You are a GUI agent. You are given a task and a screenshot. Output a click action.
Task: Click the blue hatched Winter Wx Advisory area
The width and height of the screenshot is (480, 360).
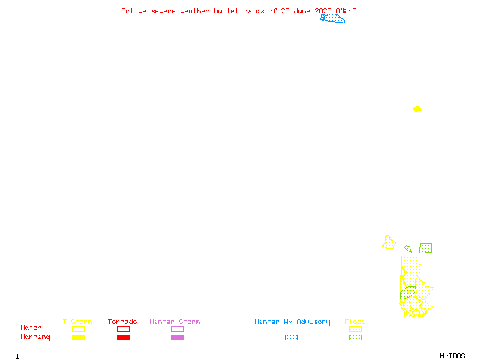point(333,19)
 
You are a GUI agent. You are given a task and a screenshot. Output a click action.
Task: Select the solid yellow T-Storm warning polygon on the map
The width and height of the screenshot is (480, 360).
point(417,109)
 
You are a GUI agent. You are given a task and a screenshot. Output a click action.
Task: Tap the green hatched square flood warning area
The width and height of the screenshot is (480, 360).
point(425,248)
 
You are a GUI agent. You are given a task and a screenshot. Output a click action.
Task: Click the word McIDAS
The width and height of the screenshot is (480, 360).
point(452,356)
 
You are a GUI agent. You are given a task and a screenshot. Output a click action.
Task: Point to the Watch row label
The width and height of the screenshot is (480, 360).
point(31,328)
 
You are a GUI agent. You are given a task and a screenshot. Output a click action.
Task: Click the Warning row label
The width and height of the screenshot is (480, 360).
point(35,337)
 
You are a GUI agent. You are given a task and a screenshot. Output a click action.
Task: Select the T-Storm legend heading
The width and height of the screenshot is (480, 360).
point(77,322)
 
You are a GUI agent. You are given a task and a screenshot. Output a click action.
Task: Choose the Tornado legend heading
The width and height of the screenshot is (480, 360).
point(122,322)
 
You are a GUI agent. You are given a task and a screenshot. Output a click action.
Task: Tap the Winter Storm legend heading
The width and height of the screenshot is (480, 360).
point(175,322)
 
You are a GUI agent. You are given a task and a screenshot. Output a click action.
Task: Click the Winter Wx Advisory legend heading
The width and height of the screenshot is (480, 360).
point(292,322)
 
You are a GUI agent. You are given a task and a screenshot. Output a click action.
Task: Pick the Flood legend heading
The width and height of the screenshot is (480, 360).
point(355,322)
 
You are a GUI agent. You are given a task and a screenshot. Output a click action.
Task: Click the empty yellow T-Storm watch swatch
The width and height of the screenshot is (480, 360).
point(79,329)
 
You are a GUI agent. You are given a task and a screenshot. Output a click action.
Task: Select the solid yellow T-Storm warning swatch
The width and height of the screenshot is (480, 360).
point(79,337)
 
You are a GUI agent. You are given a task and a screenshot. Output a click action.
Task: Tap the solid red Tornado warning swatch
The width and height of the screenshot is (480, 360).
point(124,337)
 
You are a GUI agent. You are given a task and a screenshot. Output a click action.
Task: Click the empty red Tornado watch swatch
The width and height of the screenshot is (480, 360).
point(124,329)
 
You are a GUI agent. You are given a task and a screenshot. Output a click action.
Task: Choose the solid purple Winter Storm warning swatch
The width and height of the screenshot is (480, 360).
point(177,337)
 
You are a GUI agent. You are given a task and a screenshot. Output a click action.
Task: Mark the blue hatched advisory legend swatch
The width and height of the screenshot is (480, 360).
point(291,337)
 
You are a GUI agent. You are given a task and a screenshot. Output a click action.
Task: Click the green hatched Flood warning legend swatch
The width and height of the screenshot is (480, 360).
point(355,337)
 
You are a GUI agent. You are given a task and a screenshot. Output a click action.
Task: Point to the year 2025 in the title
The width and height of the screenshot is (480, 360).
point(323,11)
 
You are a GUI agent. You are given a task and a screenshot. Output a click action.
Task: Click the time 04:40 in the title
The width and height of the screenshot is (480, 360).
point(346,11)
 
